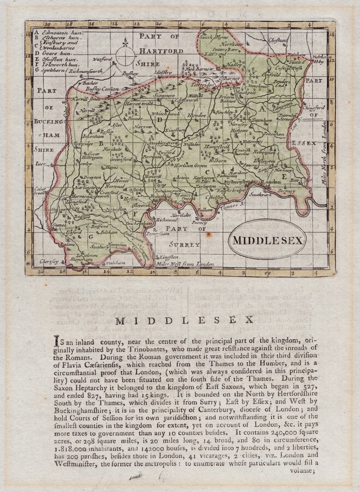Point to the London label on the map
pos(268,182)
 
